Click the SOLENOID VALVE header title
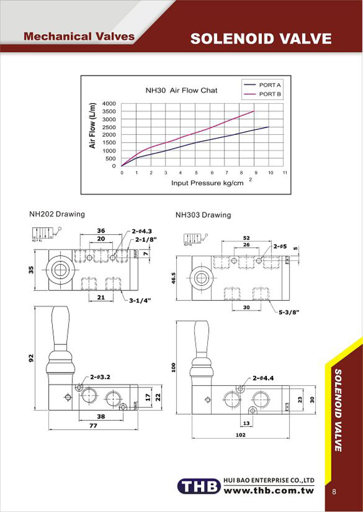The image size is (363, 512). point(261,39)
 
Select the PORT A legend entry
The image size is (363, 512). point(270,85)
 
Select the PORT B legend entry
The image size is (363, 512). point(270,94)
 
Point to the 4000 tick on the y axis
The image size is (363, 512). point(109,104)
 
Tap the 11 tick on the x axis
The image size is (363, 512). point(285,173)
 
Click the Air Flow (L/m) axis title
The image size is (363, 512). point(93,126)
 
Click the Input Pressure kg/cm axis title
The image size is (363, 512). point(204,183)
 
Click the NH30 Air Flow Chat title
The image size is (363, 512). point(181,90)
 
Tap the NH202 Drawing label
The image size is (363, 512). point(57,214)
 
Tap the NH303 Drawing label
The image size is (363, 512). point(203,215)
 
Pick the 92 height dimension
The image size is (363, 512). point(31,359)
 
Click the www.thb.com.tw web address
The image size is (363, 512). point(269,491)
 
